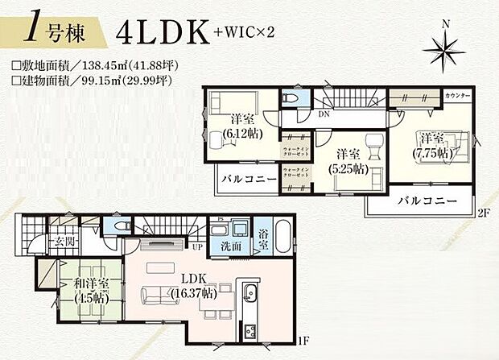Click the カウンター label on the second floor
click(457, 96)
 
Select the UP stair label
click(197, 247)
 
